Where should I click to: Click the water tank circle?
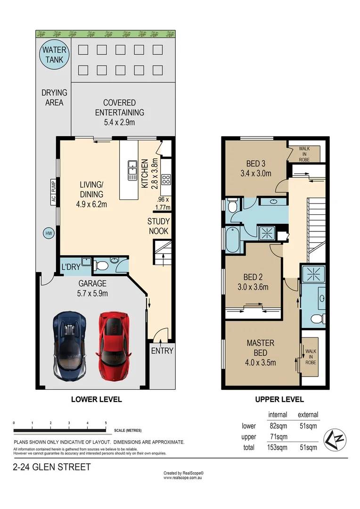coord(55,55)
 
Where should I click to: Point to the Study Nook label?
coord(158,226)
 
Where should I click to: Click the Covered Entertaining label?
coord(120,107)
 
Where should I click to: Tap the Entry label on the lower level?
coord(162,351)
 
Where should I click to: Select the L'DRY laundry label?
coord(71,267)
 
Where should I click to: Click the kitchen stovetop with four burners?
coord(166,179)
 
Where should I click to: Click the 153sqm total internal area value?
coord(278,447)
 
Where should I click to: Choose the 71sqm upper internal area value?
coord(278,437)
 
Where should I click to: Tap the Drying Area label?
coord(54,98)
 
